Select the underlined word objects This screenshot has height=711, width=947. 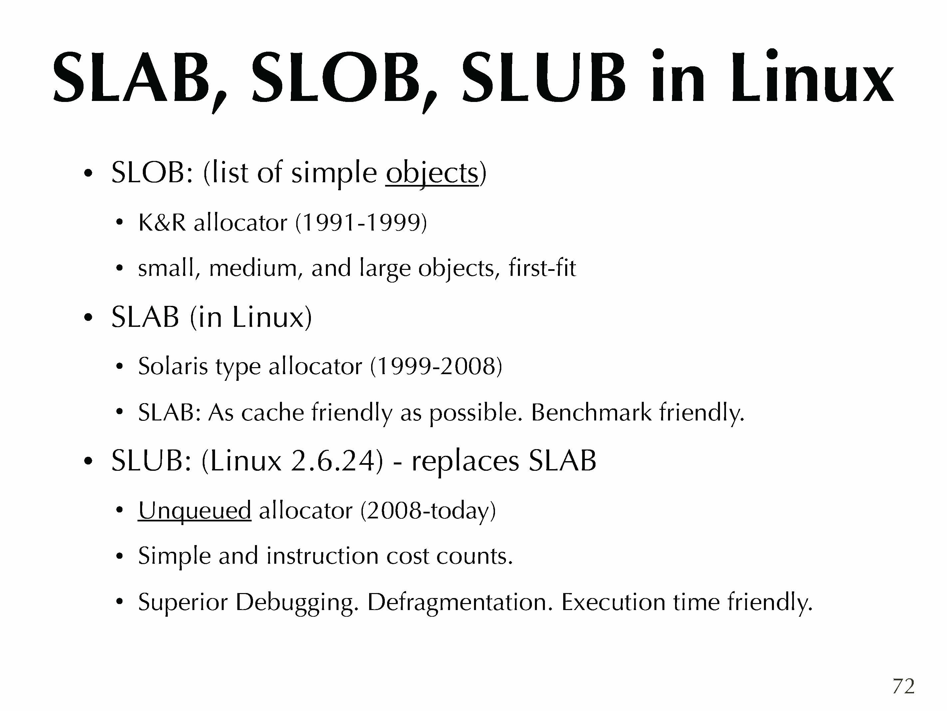point(432,173)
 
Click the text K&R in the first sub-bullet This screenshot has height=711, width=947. point(162,223)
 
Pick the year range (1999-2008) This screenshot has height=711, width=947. point(436,367)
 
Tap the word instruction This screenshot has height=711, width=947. point(322,556)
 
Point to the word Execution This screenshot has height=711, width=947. point(613,602)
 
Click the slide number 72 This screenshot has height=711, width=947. point(904,686)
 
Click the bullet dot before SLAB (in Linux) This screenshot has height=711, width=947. point(88,318)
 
